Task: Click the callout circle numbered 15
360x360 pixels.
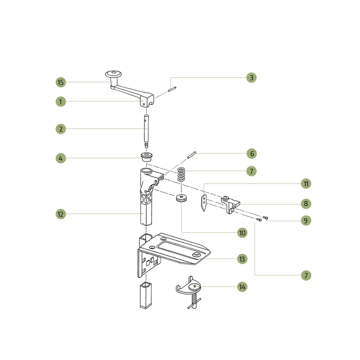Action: tap(61, 82)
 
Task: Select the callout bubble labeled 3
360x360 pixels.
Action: tap(252, 77)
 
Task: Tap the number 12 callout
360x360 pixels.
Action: tap(61, 214)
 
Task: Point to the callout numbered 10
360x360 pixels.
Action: tap(242, 233)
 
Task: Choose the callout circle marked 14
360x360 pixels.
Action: tap(242, 287)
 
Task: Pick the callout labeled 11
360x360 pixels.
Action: tap(306, 184)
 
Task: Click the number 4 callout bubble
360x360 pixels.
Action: tap(61, 158)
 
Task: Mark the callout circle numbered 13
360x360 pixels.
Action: tap(242, 259)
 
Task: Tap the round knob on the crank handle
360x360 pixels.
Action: tap(113, 75)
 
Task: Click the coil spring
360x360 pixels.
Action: tap(181, 175)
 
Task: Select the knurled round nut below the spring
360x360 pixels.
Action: tap(181, 198)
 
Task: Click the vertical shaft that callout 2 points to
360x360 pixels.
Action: tap(146, 131)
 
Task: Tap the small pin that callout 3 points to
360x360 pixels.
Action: tap(172, 89)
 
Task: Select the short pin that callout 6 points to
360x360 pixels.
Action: tap(192, 155)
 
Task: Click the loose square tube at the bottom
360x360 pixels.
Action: tap(145, 296)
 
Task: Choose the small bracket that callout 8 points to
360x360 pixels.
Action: tap(230, 204)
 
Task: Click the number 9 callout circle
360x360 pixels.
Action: tap(306, 220)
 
